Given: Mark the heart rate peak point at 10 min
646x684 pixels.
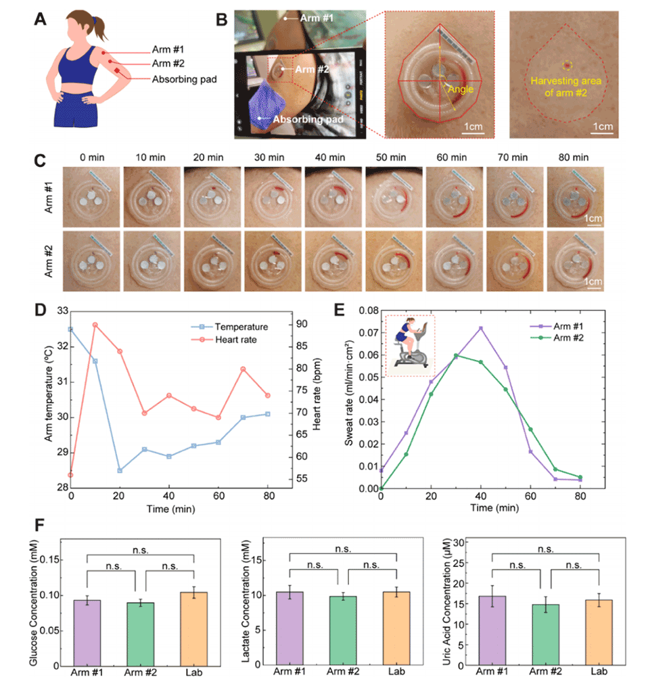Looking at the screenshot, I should pyautogui.click(x=95, y=325).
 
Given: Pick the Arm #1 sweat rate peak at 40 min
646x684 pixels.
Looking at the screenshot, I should pyautogui.click(x=481, y=328).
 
